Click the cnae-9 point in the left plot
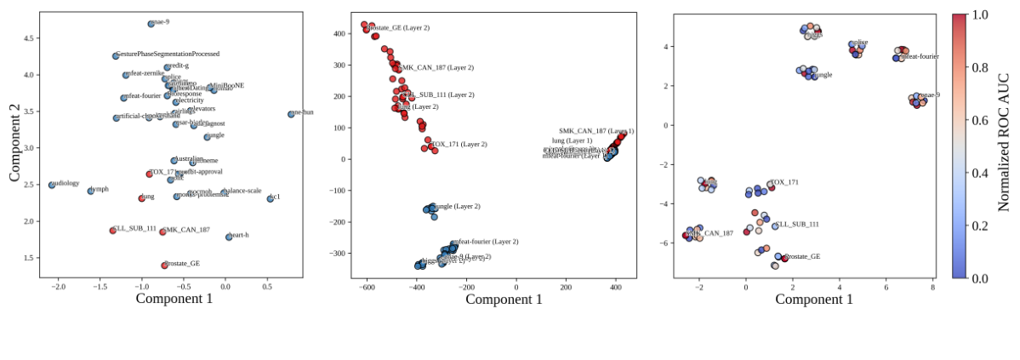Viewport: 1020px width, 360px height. (x=151, y=24)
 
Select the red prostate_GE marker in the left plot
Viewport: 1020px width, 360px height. (x=165, y=266)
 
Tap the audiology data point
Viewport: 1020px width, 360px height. (x=52, y=185)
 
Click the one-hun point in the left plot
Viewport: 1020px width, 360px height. (x=291, y=114)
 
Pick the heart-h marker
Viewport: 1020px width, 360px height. (x=229, y=237)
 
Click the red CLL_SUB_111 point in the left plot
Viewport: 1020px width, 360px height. (x=113, y=231)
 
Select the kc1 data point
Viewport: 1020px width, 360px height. (x=271, y=198)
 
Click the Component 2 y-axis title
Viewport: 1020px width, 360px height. (x=14, y=142)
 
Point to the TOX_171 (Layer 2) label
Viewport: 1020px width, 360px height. (x=459, y=144)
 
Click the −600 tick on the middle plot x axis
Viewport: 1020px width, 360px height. (x=368, y=287)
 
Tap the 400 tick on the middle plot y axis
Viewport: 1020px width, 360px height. (x=339, y=34)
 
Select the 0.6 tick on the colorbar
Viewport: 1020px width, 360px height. (x=979, y=120)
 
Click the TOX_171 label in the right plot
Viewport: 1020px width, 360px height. (x=784, y=182)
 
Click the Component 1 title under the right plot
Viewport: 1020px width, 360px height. (x=790, y=299)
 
